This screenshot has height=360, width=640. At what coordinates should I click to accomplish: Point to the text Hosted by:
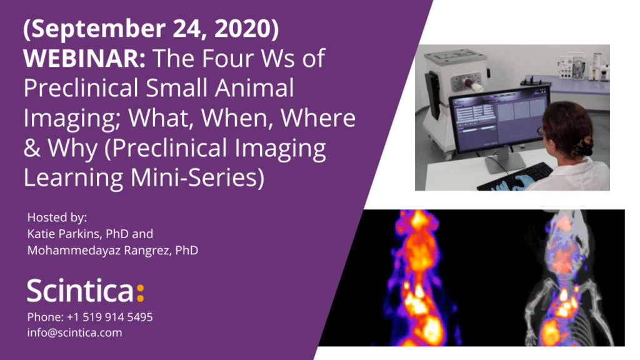coord(57,217)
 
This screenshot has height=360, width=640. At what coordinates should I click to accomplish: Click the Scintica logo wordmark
coord(80,292)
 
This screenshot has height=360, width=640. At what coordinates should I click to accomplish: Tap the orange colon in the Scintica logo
coord(140,292)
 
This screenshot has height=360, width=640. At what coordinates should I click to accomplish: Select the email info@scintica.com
coord(74,332)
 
